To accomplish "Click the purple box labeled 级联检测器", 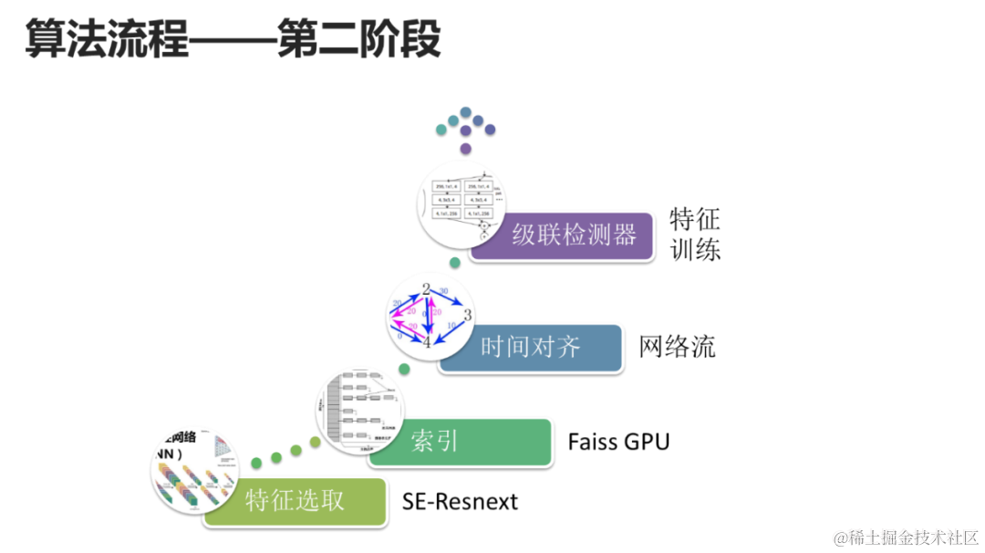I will coord(573,235).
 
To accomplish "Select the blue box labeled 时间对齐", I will coord(531,347).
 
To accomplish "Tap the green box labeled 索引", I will coord(461,442).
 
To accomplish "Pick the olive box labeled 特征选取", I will coord(295,500).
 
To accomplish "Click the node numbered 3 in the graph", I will coord(467,316).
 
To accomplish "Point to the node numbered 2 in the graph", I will coord(426,290).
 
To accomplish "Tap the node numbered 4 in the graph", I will coord(426,342).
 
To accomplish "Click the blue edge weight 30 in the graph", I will coord(444,291).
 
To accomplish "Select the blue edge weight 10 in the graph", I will coord(451,325).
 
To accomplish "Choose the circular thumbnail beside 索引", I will coord(359,410).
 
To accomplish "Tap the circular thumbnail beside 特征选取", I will coord(194,469).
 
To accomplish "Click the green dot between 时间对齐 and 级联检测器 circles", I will coord(455,262).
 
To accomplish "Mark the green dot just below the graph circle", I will coord(404,368).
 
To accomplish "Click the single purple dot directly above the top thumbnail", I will coord(466,147).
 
